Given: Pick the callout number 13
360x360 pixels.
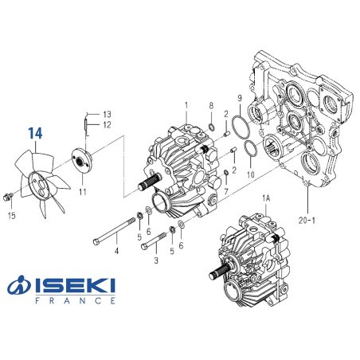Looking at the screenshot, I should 107,114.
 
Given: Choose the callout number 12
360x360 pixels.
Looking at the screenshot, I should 107,124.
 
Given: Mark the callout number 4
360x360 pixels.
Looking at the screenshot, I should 116,252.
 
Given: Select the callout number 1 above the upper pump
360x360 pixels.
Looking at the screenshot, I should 186,105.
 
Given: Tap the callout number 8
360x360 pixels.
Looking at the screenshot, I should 211,106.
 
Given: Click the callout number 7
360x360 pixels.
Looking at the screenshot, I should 227,192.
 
